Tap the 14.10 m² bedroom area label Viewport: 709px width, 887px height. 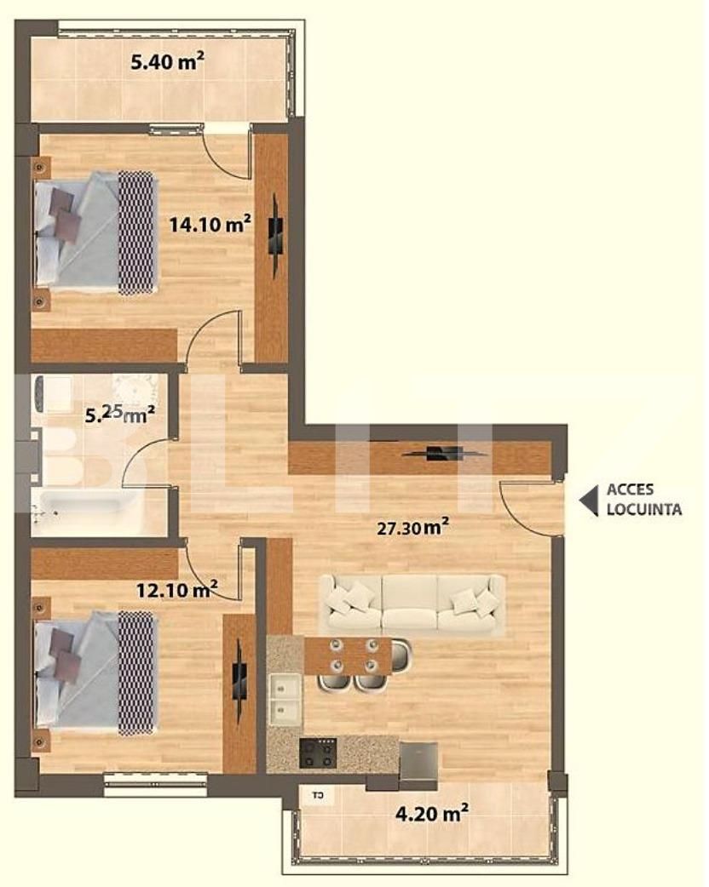210,225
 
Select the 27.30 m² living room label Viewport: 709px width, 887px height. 414,528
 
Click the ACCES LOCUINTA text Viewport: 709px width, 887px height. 643,501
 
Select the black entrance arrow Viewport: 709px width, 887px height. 588,501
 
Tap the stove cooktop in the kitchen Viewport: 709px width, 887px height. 318,753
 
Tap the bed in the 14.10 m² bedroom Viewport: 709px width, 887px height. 94,232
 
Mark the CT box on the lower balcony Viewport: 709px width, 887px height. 318,797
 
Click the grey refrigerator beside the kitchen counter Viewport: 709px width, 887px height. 418,760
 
